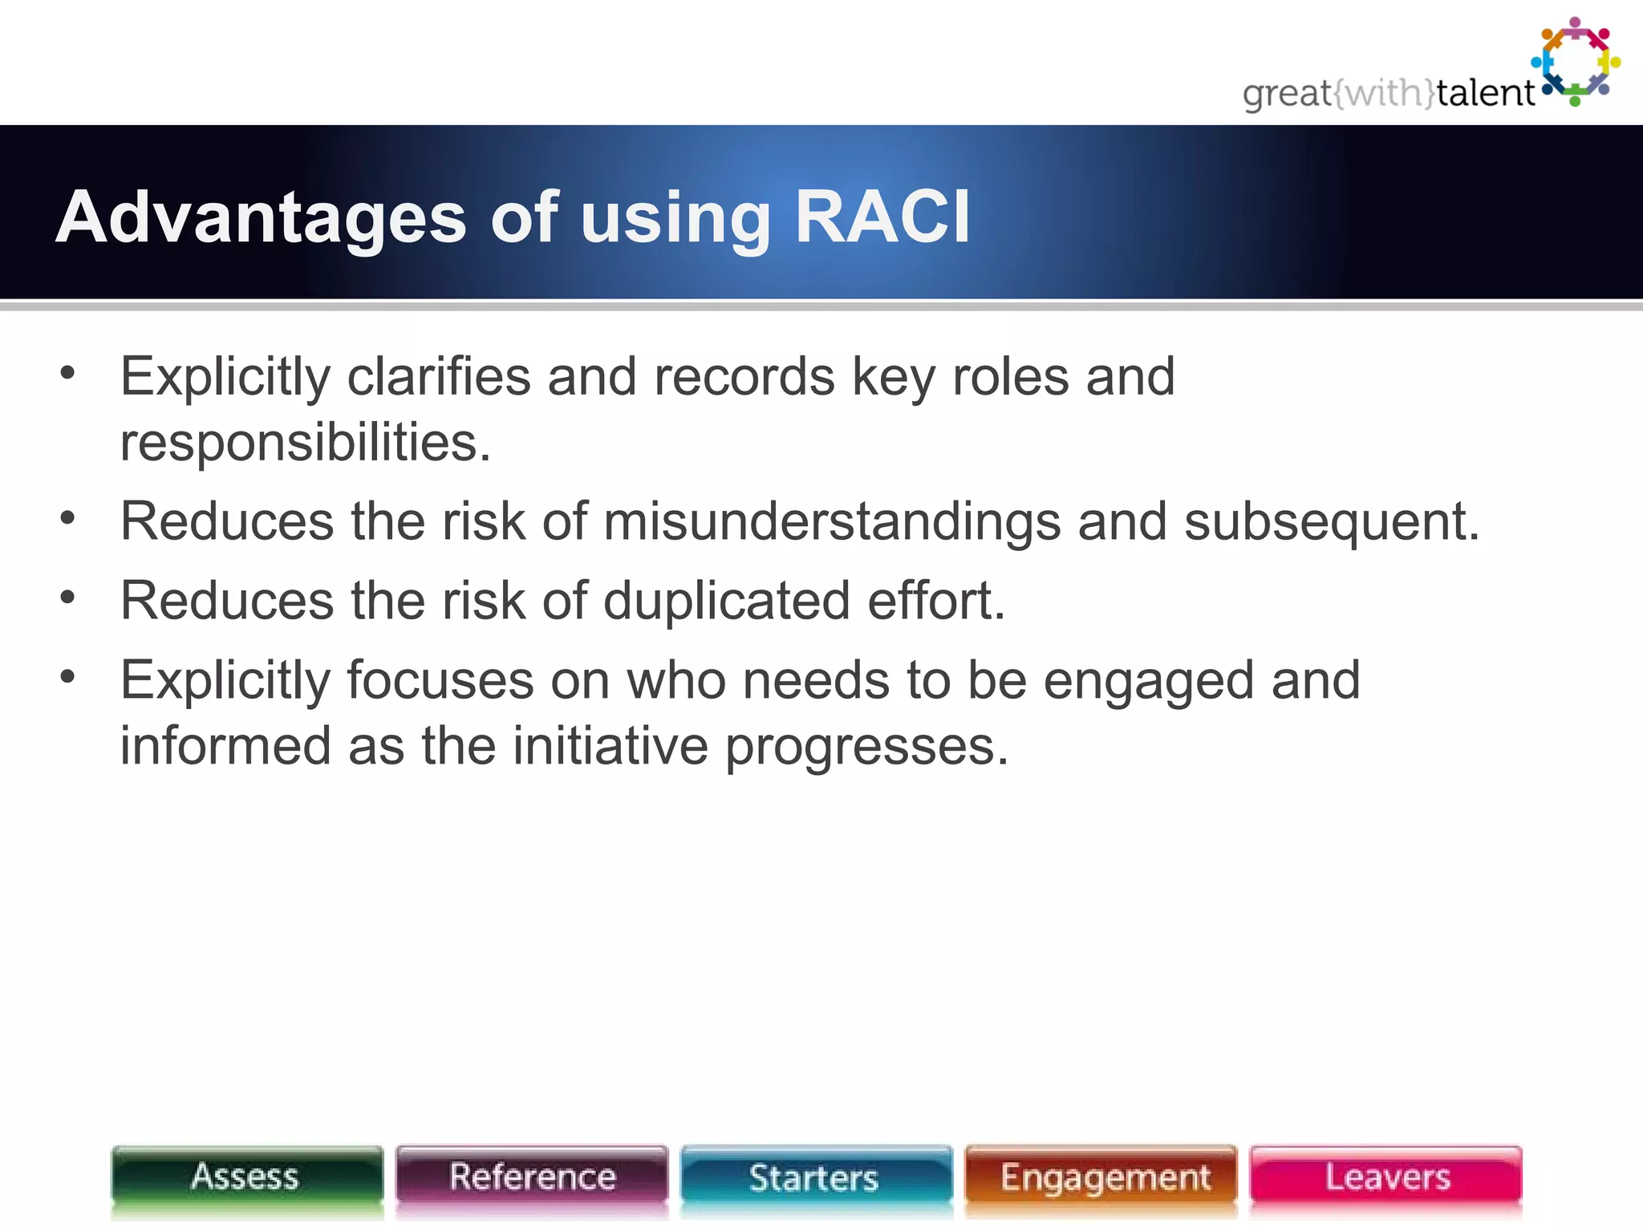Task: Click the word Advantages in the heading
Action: coord(261,218)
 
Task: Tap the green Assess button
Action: coord(246,1177)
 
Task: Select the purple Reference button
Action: coord(532,1177)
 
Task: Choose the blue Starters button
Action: coord(815,1177)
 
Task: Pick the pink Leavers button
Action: coord(1386,1177)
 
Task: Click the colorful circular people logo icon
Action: coord(1575,62)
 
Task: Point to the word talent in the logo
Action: coord(1485,93)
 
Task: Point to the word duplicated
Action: coord(726,601)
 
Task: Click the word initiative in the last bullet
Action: coord(610,746)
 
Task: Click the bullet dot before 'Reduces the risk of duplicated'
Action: coord(67,597)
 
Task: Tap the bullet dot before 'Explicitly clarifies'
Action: coord(67,372)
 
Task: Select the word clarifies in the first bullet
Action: coord(438,376)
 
